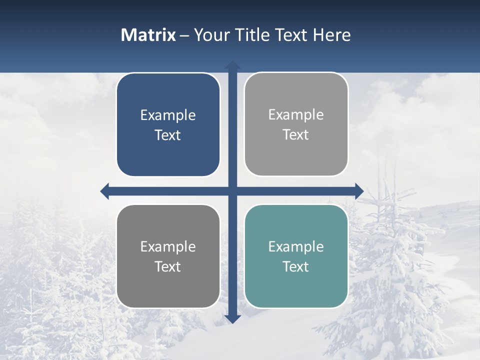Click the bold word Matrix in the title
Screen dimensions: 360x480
pyautogui.click(x=148, y=35)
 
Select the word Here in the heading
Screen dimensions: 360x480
pyautogui.click(x=332, y=35)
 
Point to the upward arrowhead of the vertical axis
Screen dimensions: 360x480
pyautogui.click(x=232, y=65)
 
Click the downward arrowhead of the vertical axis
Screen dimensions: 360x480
pyautogui.click(x=232, y=318)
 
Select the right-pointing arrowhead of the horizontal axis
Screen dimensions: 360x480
pyautogui.click(x=358, y=191)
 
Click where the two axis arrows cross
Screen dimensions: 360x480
pyautogui.click(x=232, y=191)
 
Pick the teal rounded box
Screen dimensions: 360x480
pyautogui.click(x=296, y=290)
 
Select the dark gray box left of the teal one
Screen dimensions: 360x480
pyautogui.click(x=168, y=290)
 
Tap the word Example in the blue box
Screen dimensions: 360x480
pyautogui.click(x=168, y=115)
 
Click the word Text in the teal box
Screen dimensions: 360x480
pyautogui.click(x=296, y=266)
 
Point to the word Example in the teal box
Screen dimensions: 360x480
pyautogui.click(x=296, y=246)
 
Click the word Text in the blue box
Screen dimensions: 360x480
pyautogui.click(x=168, y=135)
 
